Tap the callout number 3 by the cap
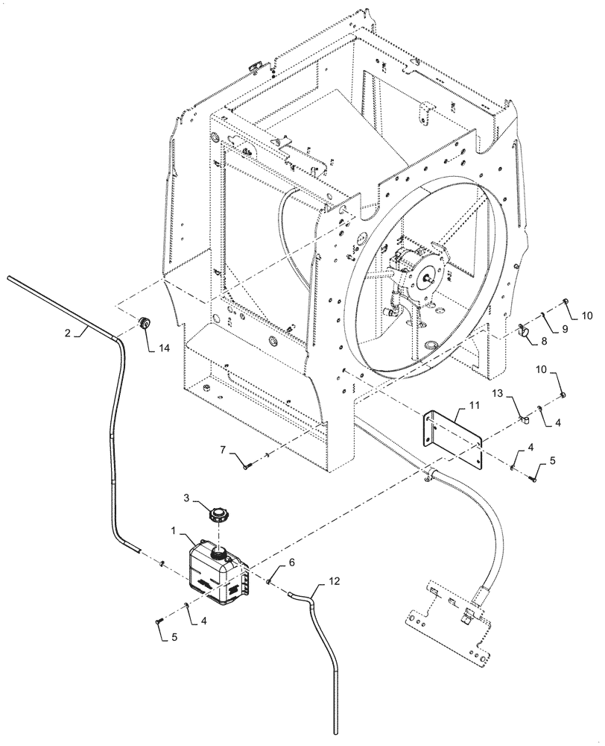click(x=187, y=497)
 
